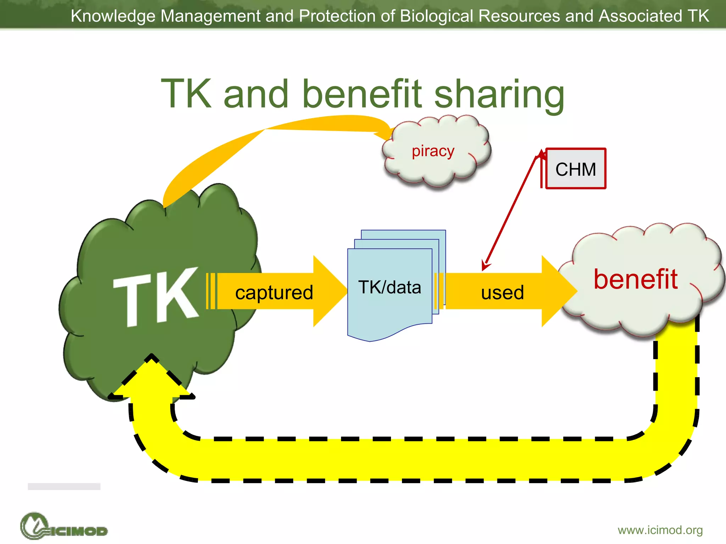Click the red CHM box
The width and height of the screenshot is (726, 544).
click(x=575, y=169)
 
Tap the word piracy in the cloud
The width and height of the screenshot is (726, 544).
click(x=433, y=151)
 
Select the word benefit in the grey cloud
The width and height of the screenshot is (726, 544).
click(x=636, y=279)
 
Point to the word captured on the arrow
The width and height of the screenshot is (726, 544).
click(x=274, y=293)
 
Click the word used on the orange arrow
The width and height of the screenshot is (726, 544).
click(x=502, y=293)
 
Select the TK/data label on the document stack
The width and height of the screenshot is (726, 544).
click(x=390, y=287)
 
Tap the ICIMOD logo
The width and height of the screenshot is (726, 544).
click(x=64, y=527)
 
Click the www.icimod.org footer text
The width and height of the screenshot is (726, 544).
click(x=660, y=530)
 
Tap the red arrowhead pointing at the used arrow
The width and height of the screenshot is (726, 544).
click(x=485, y=266)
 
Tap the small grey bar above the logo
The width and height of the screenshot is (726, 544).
click(x=64, y=486)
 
